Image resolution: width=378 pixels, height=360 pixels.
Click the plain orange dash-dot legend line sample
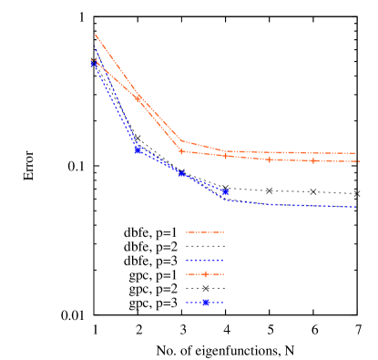point(205,232)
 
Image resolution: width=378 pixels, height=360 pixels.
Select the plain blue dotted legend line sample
point(205,260)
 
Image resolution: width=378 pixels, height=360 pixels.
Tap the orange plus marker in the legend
point(205,273)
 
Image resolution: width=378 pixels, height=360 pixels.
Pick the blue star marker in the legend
point(206,303)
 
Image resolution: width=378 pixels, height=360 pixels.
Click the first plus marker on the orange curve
point(94,61)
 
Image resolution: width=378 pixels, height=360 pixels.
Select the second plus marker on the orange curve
point(138,99)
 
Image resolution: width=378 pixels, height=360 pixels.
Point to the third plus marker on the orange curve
point(181,151)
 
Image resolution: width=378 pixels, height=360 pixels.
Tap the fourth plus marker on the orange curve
point(226,156)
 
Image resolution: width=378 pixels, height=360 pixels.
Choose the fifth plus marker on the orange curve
point(270,159)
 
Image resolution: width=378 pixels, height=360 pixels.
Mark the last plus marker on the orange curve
point(313,160)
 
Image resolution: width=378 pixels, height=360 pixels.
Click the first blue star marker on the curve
point(94,65)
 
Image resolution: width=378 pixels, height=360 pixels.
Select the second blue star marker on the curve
point(138,149)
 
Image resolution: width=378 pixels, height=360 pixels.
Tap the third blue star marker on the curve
point(181,173)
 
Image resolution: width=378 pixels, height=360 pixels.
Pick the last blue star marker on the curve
point(225,191)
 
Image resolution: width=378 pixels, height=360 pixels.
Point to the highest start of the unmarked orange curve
point(95,35)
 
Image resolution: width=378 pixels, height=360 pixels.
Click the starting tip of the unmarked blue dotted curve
point(95,46)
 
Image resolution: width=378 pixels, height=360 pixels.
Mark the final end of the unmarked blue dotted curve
point(356,207)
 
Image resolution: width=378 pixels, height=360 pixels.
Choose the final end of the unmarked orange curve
point(355,154)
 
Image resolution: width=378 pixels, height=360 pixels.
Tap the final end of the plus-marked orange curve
point(360,161)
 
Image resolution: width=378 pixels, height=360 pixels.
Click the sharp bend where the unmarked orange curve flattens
point(181,141)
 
